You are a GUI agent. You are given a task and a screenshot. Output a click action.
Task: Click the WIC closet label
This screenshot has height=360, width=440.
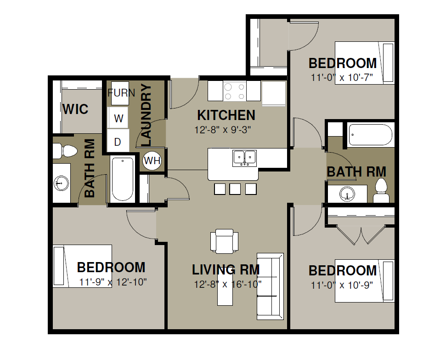coord(75,109)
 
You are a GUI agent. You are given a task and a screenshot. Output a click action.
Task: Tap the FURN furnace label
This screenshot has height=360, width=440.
coord(121,93)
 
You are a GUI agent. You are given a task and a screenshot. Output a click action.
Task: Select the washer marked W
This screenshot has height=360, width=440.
coord(118,118)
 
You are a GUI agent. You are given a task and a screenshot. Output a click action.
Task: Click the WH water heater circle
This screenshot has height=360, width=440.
coord(152,160)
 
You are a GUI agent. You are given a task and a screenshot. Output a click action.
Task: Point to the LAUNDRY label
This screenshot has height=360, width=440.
coord(146,115)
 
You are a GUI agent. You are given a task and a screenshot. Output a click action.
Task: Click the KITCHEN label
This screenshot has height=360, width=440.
coord(226,115)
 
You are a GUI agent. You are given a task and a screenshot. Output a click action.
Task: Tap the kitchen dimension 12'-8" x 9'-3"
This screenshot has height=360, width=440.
coord(222,130)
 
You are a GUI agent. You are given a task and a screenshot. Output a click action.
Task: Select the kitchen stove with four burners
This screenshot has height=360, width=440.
coord(235,91)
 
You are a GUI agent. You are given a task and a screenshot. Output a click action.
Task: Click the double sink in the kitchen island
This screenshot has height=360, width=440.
coord(244,158)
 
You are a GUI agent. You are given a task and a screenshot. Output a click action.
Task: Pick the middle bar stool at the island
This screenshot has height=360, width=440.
coord(235,189)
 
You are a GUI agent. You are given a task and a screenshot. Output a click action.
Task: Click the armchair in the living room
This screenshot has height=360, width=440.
coord(224,241)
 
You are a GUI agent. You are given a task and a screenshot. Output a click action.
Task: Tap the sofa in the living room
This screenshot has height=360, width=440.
coord(270,286)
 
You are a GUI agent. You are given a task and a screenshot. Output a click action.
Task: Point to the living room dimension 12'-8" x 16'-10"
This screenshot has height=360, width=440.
coord(228,284)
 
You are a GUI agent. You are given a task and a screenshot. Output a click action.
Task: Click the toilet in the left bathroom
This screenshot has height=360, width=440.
coord(65,151)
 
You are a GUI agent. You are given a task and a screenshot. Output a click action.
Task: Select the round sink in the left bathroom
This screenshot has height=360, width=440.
coord(61,183)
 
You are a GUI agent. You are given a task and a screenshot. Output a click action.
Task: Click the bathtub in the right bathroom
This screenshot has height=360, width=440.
coord(370,135)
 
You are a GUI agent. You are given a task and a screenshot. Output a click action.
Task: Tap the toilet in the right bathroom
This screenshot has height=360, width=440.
coord(381,190)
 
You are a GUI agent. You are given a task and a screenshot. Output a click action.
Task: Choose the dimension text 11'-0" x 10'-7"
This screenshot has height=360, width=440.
coord(342,78)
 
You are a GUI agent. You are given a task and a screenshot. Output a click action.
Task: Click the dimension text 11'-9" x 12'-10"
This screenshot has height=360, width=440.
coord(113,282)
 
